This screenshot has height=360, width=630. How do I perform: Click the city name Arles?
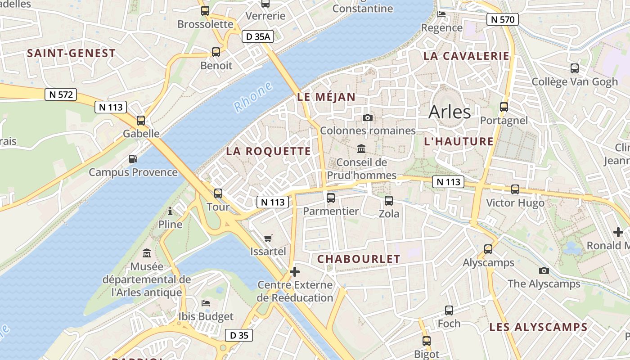pyautogui.click(x=450, y=112)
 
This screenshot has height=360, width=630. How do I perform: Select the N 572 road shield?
pyautogui.click(x=61, y=94)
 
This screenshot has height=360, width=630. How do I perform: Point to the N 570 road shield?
pyautogui.click(x=503, y=19)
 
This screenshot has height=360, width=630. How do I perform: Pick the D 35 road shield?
pyautogui.click(x=239, y=335)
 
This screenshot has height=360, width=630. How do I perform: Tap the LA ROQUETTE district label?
pyautogui.click(x=268, y=151)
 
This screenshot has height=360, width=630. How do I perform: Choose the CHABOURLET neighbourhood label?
pyautogui.click(x=359, y=259)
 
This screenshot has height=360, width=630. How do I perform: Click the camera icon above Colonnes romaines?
pyautogui.click(x=368, y=117)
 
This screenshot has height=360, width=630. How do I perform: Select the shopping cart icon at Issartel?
pyautogui.click(x=268, y=238)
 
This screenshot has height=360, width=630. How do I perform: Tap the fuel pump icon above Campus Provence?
pyautogui.click(x=133, y=158)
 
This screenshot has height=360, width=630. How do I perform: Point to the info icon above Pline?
pyautogui.click(x=170, y=211)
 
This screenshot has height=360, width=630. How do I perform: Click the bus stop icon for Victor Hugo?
pyautogui.click(x=515, y=189)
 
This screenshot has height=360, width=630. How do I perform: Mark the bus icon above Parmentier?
pyautogui.click(x=331, y=198)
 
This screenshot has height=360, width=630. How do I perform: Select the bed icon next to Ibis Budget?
pyautogui.click(x=206, y=303)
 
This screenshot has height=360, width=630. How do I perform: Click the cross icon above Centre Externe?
pyautogui.click(x=295, y=272)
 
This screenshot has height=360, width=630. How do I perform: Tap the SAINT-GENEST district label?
pyautogui.click(x=71, y=53)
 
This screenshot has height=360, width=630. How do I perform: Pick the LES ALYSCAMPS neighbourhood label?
pyautogui.click(x=538, y=327)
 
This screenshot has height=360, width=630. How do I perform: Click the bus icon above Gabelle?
pyautogui.click(x=141, y=120)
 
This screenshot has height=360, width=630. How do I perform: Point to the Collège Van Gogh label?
pyautogui.click(x=575, y=82)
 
